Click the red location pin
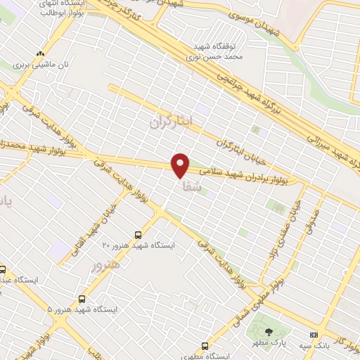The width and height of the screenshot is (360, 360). (x=181, y=165)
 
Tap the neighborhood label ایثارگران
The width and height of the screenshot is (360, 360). (x=171, y=122)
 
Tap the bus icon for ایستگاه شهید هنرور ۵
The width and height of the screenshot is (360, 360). (x=82, y=299)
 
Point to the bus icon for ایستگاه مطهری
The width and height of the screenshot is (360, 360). (x=205, y=346)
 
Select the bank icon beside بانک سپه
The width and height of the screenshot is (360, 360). (x=313, y=335)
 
